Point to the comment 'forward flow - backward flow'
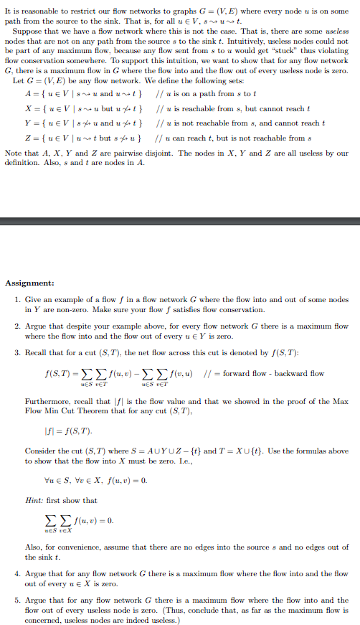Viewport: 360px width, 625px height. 277,373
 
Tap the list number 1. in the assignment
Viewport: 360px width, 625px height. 18,299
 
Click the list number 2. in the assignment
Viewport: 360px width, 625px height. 18,326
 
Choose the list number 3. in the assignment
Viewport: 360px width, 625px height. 18,353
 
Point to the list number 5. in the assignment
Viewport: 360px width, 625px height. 18,599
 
